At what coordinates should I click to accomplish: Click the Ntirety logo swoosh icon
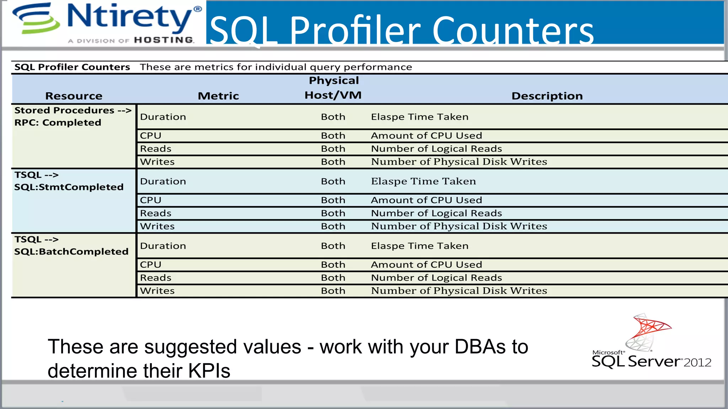pyautogui.click(x=36, y=18)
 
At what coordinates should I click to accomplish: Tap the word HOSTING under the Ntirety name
pyautogui.click(x=164, y=40)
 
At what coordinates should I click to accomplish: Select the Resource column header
pyautogui.click(x=74, y=96)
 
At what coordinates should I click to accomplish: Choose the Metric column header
pyautogui.click(x=218, y=96)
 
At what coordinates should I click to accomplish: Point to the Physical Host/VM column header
pyautogui.click(x=333, y=88)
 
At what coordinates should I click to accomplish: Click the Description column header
pyautogui.click(x=547, y=96)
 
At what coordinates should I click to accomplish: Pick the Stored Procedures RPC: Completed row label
pyautogui.click(x=73, y=116)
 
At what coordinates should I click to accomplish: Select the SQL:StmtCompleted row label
pyautogui.click(x=69, y=187)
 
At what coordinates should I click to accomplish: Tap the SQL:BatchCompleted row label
pyautogui.click(x=71, y=252)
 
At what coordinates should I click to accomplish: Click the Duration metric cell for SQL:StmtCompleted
pyautogui.click(x=163, y=181)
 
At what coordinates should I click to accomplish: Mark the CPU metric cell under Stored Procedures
pyautogui.click(x=151, y=136)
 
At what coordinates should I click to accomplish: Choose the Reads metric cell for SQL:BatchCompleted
pyautogui.click(x=156, y=278)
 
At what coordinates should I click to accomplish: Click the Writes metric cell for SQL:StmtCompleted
pyautogui.click(x=157, y=226)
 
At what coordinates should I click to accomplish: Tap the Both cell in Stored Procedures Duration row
pyautogui.click(x=333, y=117)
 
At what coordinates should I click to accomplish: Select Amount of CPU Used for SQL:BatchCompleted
pyautogui.click(x=426, y=265)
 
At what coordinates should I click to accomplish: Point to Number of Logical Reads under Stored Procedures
pyautogui.click(x=436, y=149)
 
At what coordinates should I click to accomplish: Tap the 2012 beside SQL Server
pyautogui.click(x=697, y=362)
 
